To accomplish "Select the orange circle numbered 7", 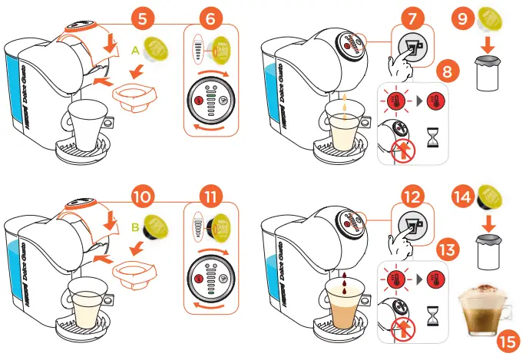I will click(412, 16).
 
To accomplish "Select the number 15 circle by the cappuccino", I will click(507, 339).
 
